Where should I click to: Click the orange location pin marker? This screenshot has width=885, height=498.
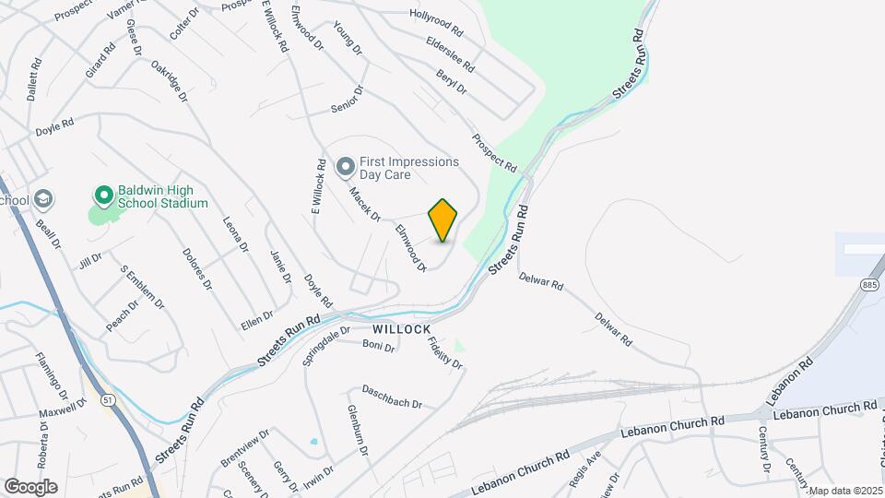(443, 220)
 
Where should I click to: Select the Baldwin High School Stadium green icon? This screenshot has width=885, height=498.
(103, 196)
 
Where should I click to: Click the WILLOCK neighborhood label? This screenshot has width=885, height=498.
(402, 328)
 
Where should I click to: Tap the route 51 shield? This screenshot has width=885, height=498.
(108, 399)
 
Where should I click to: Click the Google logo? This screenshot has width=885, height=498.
(30, 486)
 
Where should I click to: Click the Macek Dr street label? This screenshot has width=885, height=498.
(364, 205)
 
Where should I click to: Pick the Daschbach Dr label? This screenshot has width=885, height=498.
(391, 397)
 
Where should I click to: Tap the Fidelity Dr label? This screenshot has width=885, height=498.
(444, 352)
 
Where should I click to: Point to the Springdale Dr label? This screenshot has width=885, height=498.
(326, 345)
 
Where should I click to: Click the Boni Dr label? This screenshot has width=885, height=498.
(378, 346)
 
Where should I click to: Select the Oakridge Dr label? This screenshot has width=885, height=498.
(169, 82)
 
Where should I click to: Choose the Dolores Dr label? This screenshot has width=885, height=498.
(197, 268)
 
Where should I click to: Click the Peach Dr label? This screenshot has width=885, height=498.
(122, 315)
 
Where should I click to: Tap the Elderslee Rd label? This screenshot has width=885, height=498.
(450, 54)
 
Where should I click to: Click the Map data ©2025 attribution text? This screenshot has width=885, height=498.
(845, 490)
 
